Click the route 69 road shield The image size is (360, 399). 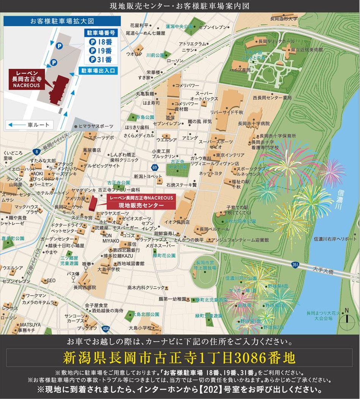154,167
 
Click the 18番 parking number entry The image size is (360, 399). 101,42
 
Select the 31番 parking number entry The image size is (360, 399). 101,59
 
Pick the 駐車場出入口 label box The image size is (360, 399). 98,71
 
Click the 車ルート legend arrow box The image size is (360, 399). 30,125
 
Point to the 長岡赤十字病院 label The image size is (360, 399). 254,123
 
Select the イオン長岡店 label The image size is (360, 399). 177,222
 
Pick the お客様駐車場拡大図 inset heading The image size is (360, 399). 62,21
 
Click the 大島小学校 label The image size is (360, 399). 140,327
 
